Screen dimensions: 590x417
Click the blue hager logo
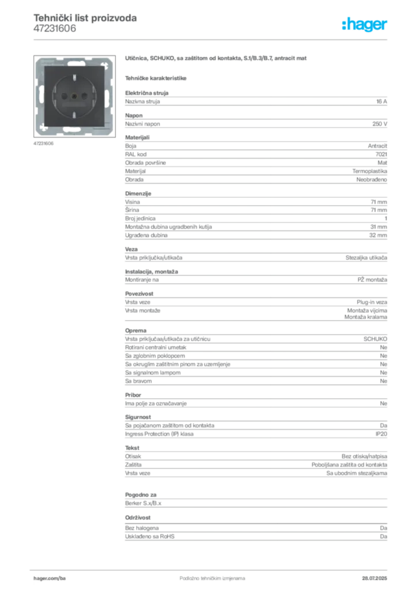click(x=365, y=25)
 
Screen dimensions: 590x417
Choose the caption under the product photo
click(x=44, y=143)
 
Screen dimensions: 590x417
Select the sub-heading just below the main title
click(x=157, y=77)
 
